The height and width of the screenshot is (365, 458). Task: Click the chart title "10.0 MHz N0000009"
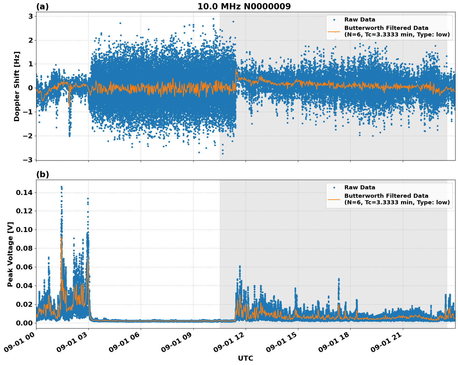point(244,7)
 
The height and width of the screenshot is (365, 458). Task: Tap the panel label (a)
point(42,7)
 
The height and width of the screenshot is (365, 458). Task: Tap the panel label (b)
point(42,174)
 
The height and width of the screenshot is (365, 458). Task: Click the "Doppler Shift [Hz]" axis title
point(17,86)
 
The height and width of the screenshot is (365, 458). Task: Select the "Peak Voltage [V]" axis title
point(10,254)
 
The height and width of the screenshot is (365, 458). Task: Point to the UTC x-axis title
point(245,358)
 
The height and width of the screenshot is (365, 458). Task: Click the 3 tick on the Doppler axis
point(31,16)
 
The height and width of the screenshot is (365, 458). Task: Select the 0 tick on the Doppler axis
point(31,88)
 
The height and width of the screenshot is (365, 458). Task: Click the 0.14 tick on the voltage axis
point(24,193)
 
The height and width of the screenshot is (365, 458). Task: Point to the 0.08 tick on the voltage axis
point(24,249)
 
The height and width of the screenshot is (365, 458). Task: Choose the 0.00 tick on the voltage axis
point(24,323)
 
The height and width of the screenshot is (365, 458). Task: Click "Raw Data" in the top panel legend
point(360,20)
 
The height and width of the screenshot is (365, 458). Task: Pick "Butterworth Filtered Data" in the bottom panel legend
point(386,196)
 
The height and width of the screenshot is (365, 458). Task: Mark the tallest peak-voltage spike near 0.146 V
point(61,187)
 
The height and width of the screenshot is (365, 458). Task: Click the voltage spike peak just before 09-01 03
point(88,198)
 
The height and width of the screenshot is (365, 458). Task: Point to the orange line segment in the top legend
point(334,31)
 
